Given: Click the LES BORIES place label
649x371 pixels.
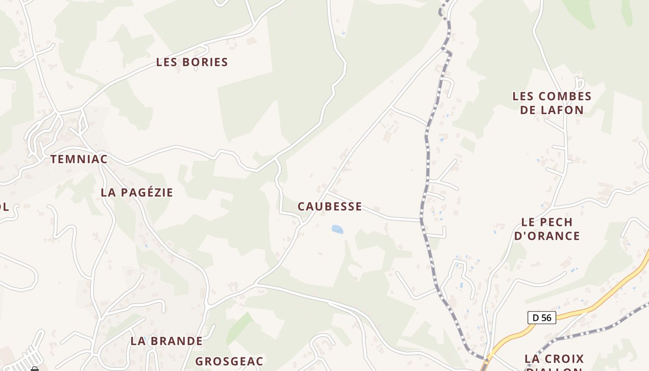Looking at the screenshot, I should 192,62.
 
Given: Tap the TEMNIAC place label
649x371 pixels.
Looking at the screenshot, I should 79,160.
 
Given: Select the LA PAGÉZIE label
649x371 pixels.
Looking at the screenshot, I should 137,192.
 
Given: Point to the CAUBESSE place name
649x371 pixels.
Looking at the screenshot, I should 330,207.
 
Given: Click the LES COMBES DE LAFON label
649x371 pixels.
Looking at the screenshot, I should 552,103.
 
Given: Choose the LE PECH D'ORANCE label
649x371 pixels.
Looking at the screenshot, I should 547,229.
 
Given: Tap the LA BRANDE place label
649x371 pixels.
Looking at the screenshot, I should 166,341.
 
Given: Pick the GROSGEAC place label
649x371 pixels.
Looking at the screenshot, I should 229,361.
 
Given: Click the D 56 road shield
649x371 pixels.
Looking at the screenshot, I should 541,318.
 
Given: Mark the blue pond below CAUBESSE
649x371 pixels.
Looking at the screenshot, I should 337,229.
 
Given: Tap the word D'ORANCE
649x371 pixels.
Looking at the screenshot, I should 547,236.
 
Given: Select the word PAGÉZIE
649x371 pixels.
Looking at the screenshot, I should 147,192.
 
